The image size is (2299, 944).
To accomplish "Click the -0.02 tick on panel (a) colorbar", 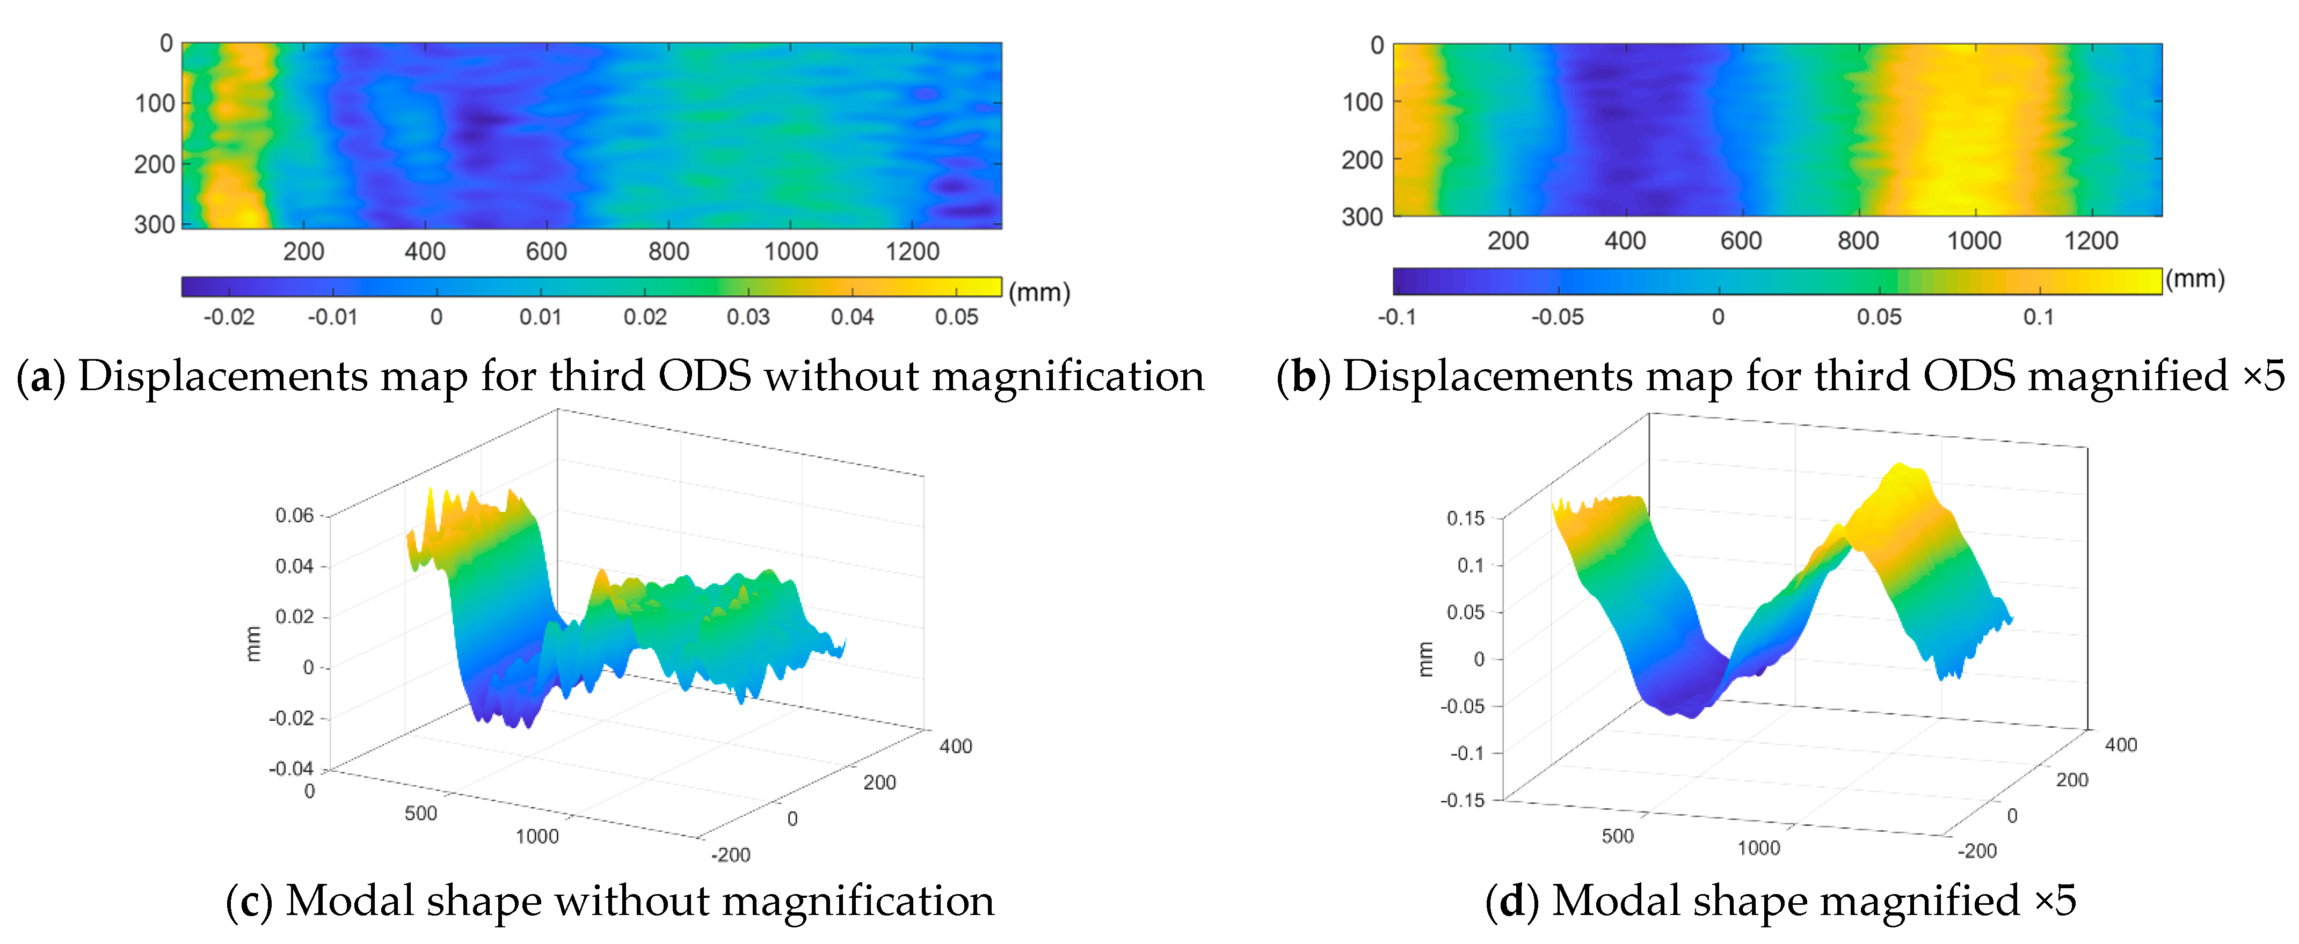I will (229, 317).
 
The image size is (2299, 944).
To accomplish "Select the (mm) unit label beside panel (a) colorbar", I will (1039, 292).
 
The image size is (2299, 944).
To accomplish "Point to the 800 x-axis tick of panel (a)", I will (668, 252).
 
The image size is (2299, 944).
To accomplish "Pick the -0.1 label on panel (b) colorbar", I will (1396, 317).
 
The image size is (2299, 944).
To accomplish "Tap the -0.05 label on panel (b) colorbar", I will (1558, 317).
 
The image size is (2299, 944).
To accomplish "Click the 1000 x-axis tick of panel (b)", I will (1973, 241).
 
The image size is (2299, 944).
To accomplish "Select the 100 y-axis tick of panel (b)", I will (1363, 103).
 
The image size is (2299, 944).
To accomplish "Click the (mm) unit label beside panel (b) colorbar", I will (2195, 279).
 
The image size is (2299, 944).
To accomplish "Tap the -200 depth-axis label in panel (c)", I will (731, 855).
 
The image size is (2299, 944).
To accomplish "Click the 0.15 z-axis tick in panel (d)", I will (1465, 518).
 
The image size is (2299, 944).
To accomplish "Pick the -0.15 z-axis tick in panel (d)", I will (1462, 800).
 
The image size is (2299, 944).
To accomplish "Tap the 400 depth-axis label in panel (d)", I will (2121, 744).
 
